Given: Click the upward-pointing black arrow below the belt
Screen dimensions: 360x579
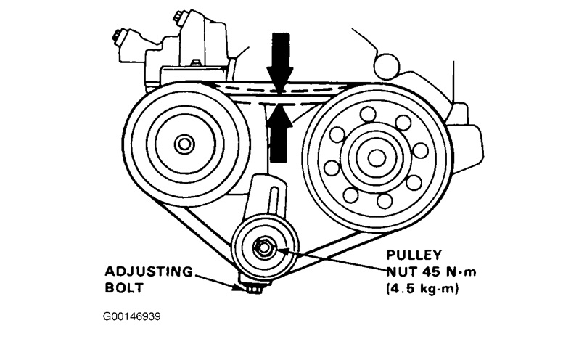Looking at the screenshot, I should pyautogui.click(x=279, y=131).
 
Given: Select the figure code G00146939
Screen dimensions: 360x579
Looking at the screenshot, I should pyautogui.click(x=137, y=318).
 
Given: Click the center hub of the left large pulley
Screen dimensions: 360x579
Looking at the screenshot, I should pyautogui.click(x=184, y=144).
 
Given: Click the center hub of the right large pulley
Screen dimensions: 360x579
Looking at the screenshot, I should pyautogui.click(x=375, y=157).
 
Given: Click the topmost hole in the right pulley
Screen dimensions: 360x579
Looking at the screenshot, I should pyautogui.click(x=369, y=113).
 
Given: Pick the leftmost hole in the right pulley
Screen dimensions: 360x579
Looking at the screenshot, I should pyautogui.click(x=332, y=168).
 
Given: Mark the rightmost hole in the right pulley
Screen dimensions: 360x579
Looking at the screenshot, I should pyautogui.click(x=419, y=150).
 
